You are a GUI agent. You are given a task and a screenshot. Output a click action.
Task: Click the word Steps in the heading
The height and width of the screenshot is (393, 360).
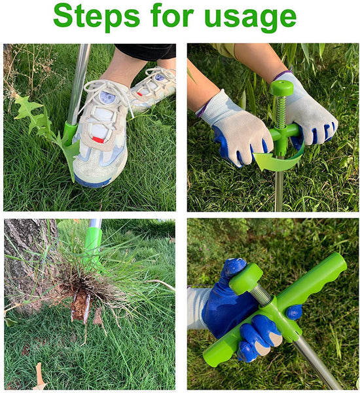[x=96, y=16]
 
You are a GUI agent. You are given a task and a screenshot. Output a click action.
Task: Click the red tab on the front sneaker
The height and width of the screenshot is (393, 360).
[x=98, y=140]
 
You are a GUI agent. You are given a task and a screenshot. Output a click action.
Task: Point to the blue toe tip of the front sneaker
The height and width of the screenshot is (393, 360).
[x=92, y=181]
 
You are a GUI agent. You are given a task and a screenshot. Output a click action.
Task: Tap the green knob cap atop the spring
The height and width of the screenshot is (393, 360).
[x=281, y=88]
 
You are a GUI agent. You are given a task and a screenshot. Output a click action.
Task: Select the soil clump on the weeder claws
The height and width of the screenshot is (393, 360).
[x=80, y=306]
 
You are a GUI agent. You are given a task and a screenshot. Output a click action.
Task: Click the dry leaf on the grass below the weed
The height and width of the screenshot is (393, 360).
[x=39, y=377]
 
